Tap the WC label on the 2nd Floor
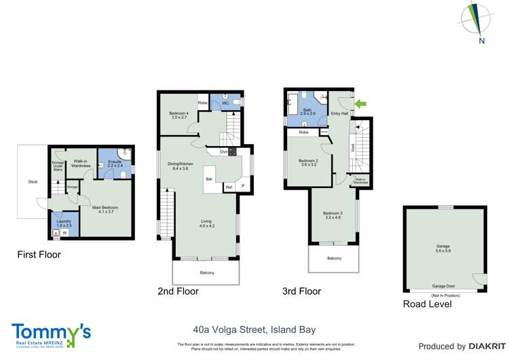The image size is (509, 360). [225, 103]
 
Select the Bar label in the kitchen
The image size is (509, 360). [211, 179]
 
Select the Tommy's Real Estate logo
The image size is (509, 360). [51, 335]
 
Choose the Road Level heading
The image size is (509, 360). [427, 304]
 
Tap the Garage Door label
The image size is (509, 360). [445, 287]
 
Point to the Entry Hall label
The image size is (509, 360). [339, 113]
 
